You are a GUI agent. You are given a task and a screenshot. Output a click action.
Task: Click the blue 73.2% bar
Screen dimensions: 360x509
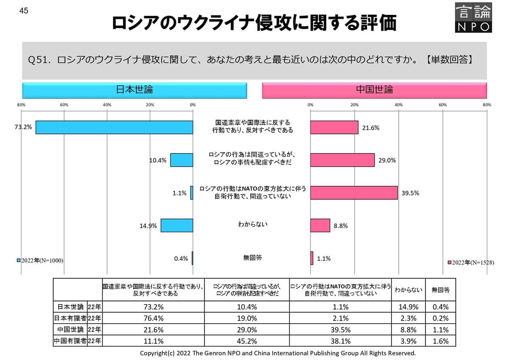114,128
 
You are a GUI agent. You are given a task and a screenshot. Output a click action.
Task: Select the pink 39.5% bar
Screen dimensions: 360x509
354,193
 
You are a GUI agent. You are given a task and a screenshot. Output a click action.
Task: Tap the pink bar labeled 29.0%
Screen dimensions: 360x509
342,160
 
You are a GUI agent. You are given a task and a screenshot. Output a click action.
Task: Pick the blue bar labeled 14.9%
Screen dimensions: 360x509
176,225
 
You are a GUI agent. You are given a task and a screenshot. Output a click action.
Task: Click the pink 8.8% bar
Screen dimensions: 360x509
320,225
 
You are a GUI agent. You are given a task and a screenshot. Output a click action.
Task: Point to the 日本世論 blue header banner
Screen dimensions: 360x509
134,90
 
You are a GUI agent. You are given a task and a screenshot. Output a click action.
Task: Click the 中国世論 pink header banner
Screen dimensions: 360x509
374,90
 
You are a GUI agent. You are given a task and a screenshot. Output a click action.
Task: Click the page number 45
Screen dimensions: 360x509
24,11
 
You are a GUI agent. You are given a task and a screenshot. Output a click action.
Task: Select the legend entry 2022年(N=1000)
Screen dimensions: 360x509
40,260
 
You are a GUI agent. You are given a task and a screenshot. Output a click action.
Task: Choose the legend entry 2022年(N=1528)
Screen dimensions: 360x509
470,262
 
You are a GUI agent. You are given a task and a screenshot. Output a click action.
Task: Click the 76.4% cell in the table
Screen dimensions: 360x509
153,318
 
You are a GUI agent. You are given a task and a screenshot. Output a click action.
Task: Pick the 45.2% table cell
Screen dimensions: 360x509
247,341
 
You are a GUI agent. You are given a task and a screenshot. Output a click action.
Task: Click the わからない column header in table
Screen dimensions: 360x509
408,290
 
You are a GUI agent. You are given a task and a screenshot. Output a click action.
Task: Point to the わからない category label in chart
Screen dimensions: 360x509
252,224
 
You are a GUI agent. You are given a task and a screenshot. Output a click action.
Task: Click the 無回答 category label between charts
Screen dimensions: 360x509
252,257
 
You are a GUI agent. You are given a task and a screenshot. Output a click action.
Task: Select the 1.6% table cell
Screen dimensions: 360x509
440,341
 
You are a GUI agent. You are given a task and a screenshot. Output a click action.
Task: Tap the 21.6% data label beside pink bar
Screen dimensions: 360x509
371,128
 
